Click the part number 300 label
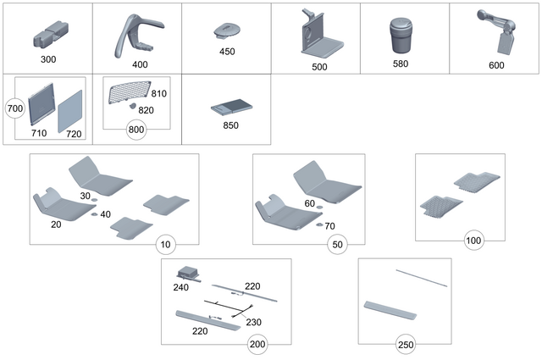pyautogui.click(x=49, y=61)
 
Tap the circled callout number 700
pyautogui.click(x=14, y=108)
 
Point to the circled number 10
pyautogui.click(x=165, y=245)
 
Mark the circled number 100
pyautogui.click(x=473, y=241)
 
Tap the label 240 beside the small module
pyautogui.click(x=181, y=287)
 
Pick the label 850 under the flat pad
pyautogui.click(x=230, y=125)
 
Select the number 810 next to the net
pyautogui.click(x=158, y=93)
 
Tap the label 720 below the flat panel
pyautogui.click(x=75, y=134)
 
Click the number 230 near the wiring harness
pyautogui.click(x=253, y=322)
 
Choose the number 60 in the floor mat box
pyautogui.click(x=309, y=203)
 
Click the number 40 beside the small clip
pyautogui.click(x=105, y=214)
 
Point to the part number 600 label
pyautogui.click(x=496, y=65)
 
